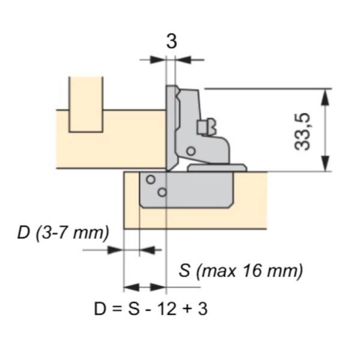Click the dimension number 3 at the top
tap(172, 41)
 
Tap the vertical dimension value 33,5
tap(302, 132)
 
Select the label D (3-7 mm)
tap(63, 233)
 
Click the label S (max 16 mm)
tap(241, 271)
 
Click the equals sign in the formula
tap(116, 309)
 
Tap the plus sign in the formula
tap(187, 309)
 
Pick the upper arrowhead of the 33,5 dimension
tap(325, 97)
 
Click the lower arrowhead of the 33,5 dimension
tap(325, 163)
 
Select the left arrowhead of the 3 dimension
tap(158, 60)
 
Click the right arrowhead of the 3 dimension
tap(183, 60)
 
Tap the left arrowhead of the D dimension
tap(115, 250)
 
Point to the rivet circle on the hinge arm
tap(191, 151)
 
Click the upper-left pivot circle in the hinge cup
tap(151, 179)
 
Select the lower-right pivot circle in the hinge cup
tap(162, 192)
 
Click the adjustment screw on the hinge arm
tap(206, 127)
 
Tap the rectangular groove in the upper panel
tap(86, 104)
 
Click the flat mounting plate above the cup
tap(217, 168)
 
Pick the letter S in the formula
tap(134, 309)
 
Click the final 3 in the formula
tap(203, 309)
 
